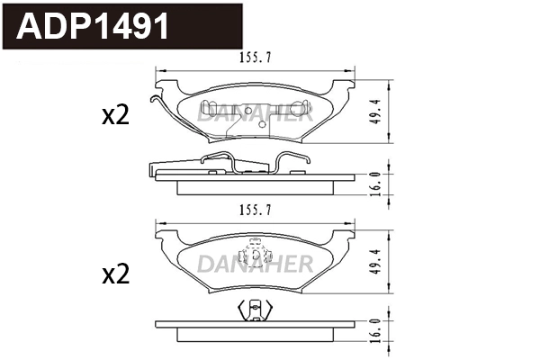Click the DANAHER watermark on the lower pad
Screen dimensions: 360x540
[255, 263]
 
